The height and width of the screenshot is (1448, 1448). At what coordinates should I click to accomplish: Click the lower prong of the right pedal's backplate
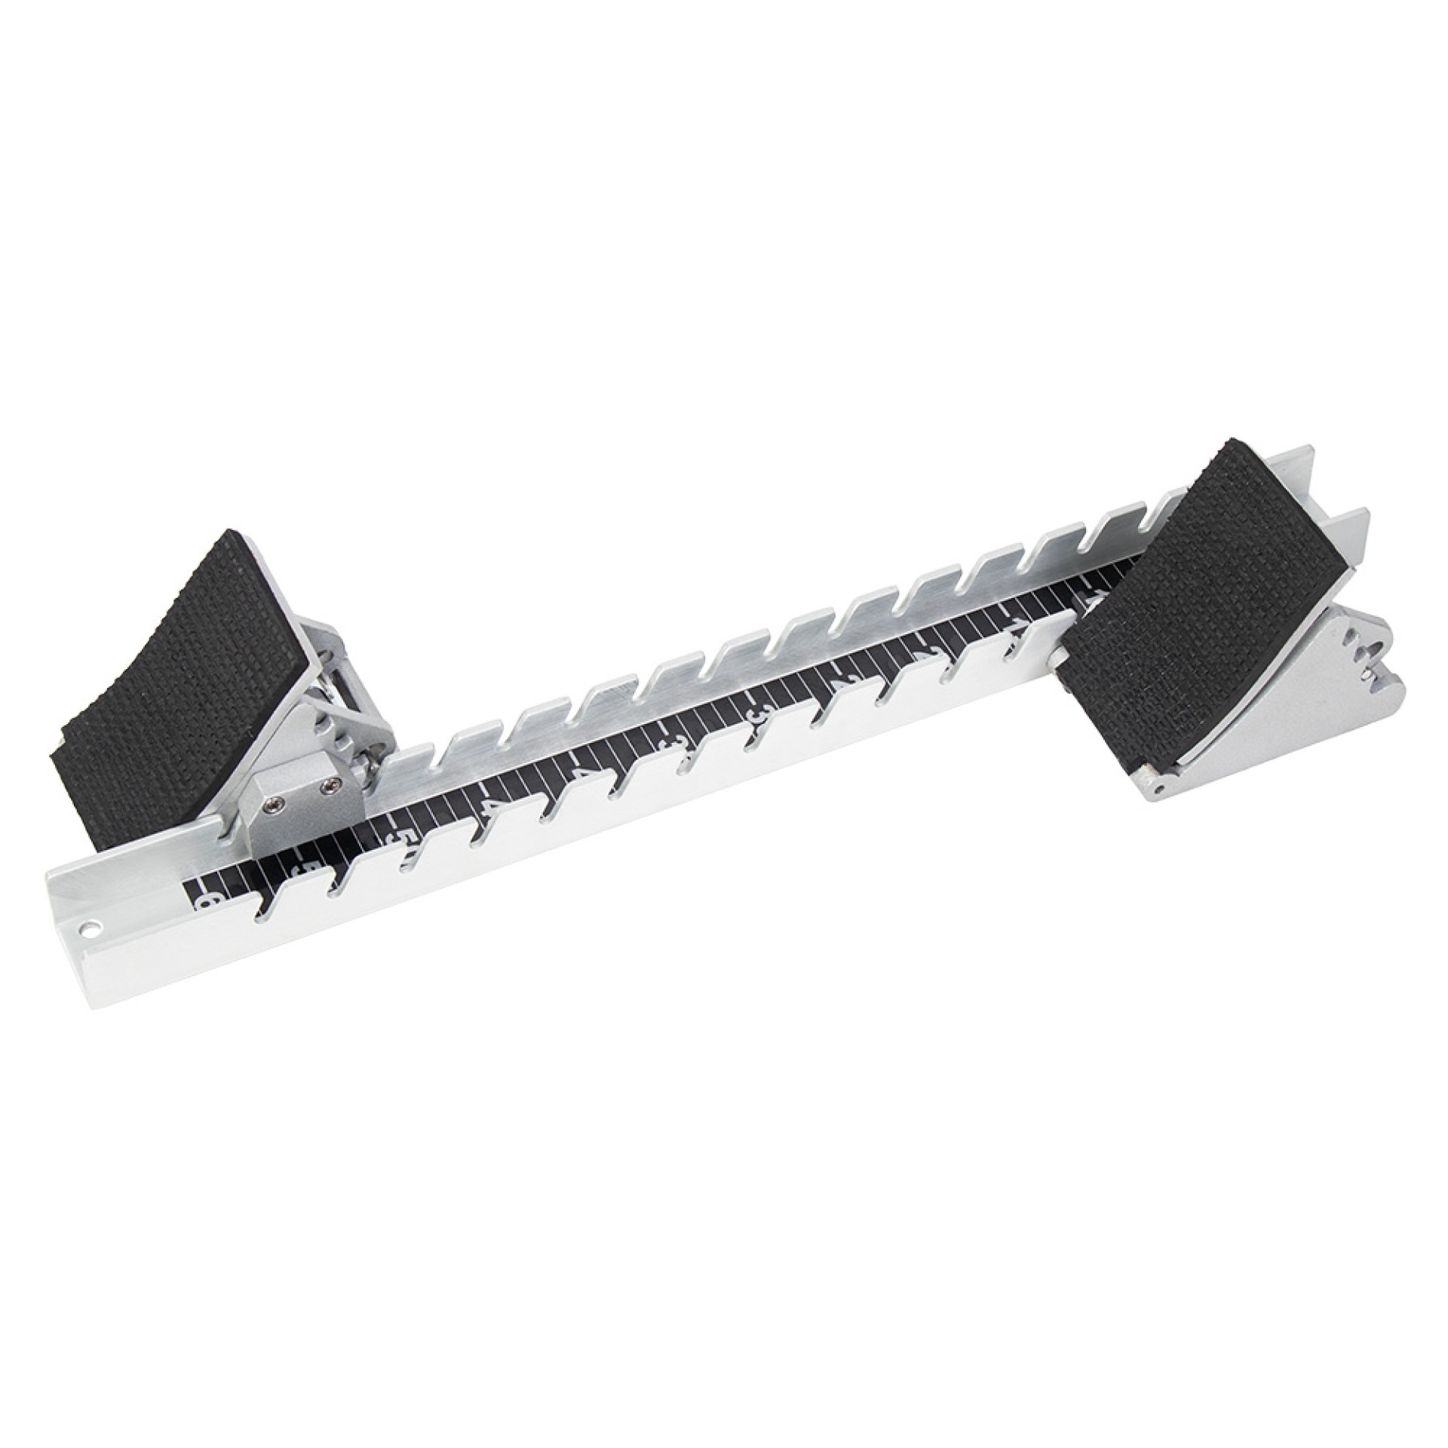(1350, 520)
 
